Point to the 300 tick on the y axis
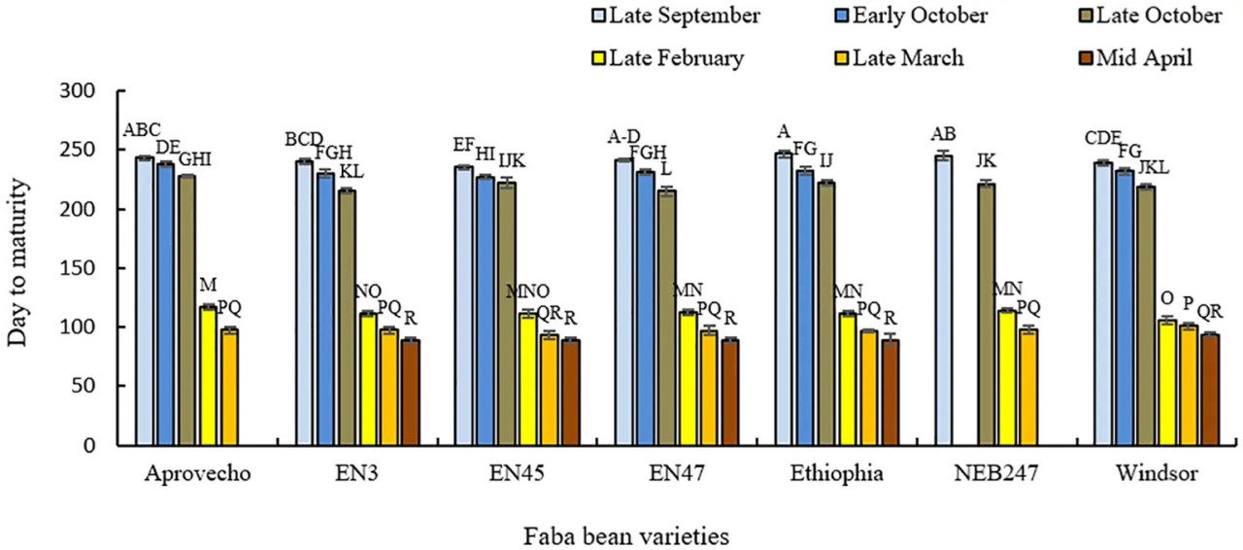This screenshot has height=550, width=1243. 93,91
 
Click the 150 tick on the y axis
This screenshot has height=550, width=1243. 93,268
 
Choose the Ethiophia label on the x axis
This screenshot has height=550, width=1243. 837,475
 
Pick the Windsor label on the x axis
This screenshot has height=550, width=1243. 1156,475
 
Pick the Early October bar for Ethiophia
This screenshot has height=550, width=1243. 805,308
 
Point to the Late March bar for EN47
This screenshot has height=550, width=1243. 709,388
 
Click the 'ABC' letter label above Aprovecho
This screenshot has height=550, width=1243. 142,131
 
